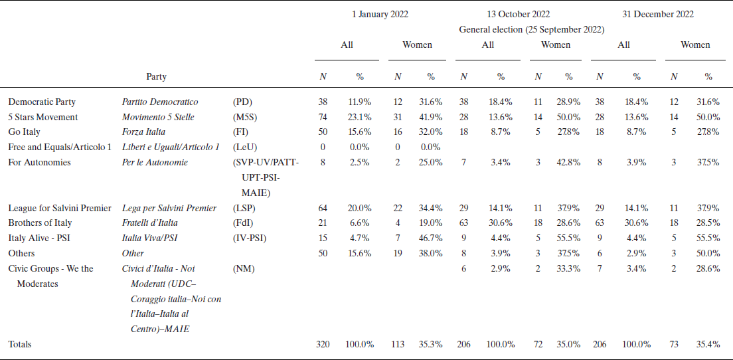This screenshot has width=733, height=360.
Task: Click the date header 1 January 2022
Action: [x=380, y=14]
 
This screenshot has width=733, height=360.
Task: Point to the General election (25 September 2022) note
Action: [x=531, y=29]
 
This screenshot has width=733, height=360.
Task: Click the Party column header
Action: [x=156, y=76]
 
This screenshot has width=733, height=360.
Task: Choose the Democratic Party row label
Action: [x=42, y=102]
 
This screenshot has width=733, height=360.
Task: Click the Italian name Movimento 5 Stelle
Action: [x=160, y=117]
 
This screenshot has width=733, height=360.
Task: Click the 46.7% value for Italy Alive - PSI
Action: [x=430, y=238]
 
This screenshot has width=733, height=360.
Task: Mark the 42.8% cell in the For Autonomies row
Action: [x=568, y=162]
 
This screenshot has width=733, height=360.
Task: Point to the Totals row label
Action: [x=20, y=344]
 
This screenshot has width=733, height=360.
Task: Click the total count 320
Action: [x=323, y=344]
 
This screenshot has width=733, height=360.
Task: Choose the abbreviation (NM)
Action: [x=244, y=268]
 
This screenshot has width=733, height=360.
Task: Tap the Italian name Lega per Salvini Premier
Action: [x=169, y=208]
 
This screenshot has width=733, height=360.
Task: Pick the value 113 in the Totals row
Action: [x=398, y=344]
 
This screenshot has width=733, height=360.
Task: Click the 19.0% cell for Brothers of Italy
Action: [x=430, y=223]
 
